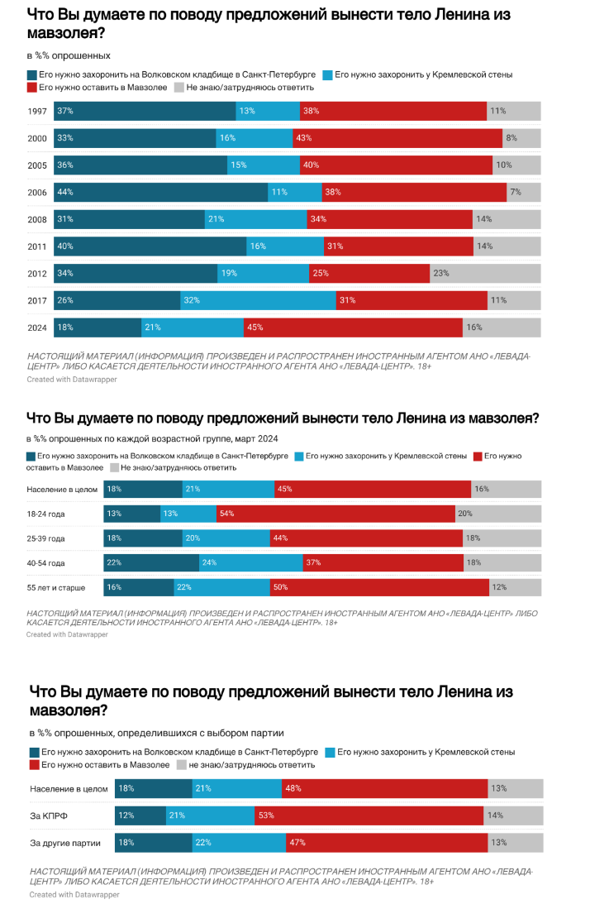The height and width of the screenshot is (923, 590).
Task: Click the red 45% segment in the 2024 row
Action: pyautogui.click(x=353, y=328)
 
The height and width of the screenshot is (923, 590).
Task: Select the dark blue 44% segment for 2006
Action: pyautogui.click(x=161, y=192)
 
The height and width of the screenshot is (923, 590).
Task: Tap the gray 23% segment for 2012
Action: pyautogui.click(x=486, y=274)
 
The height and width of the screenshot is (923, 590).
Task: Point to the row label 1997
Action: pyautogui.click(x=36, y=111)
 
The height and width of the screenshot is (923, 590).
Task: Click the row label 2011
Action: pyautogui.click(x=36, y=246)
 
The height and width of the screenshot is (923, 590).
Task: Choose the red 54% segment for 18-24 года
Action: pyautogui.click(x=335, y=514)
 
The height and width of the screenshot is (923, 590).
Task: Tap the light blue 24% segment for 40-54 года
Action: pyautogui.click(x=251, y=563)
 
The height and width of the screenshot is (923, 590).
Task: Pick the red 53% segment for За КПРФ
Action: pyautogui.click(x=369, y=816)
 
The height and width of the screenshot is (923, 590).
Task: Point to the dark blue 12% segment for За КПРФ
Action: pyautogui.click(x=140, y=816)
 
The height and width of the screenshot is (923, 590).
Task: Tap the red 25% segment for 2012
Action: pyautogui.click(x=369, y=274)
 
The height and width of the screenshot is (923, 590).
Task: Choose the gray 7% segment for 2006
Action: pyautogui.click(x=524, y=192)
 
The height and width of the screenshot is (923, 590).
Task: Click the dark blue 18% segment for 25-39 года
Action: pyautogui.click(x=143, y=538)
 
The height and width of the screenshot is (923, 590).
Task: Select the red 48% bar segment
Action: pyautogui.click(x=387, y=789)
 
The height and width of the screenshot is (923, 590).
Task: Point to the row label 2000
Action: pyautogui.click(x=36, y=138)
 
